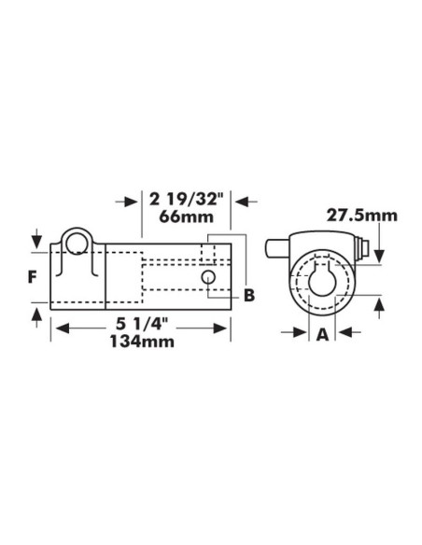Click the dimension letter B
(x=248, y=296)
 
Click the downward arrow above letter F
(x=35, y=238)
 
